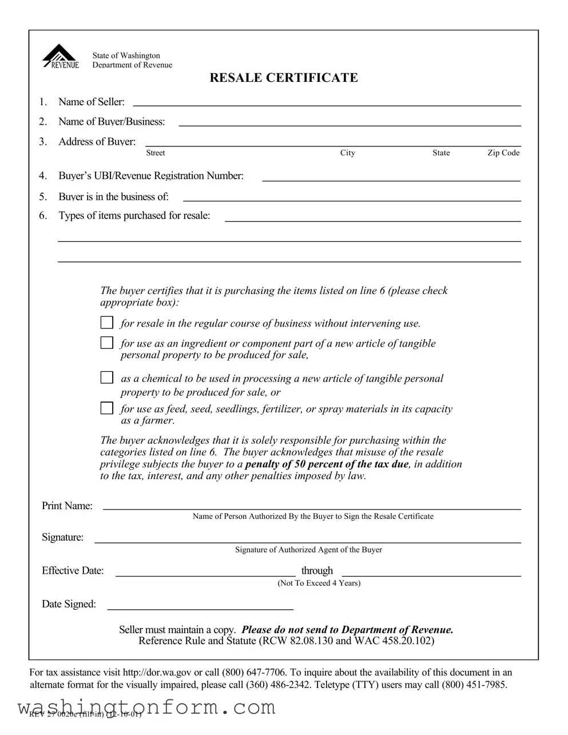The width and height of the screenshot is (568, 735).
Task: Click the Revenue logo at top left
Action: (x=60, y=57)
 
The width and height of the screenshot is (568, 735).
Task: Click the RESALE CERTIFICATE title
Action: (x=284, y=78)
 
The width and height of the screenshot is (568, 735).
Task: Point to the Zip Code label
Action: (x=503, y=153)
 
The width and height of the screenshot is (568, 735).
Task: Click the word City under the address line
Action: (x=347, y=153)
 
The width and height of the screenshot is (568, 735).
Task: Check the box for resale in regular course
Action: (x=107, y=323)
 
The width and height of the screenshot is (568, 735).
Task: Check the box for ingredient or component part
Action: (x=107, y=343)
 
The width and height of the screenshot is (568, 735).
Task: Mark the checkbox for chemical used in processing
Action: (x=107, y=378)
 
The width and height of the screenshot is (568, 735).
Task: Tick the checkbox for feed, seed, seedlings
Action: (x=107, y=408)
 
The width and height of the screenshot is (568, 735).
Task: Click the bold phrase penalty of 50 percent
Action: (x=327, y=464)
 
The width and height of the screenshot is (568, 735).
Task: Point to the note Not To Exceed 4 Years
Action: (x=319, y=583)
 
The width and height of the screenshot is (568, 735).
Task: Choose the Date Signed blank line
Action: (x=200, y=606)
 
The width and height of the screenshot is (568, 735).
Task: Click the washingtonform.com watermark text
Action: (x=146, y=708)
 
